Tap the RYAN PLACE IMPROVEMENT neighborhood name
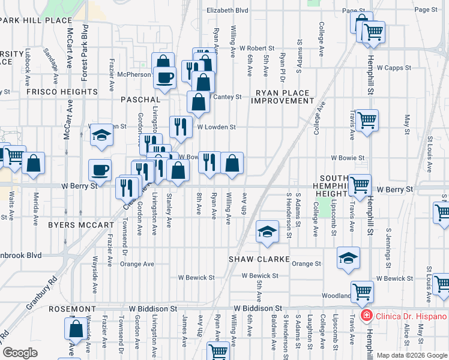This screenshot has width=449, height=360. (x=283, y=97)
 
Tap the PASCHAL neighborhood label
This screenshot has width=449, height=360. (x=140, y=99)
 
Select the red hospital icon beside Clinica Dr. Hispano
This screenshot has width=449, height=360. (x=365, y=316)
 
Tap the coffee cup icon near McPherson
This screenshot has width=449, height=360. (x=164, y=77)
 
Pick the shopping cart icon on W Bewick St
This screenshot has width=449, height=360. (x=362, y=292)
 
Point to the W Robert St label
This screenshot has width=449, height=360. (x=256, y=47)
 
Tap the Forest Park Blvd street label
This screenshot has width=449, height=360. (x=85, y=51)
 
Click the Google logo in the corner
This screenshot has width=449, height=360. (x=20, y=353)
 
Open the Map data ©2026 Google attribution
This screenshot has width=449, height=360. (x=412, y=355)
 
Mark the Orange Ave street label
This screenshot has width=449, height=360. (x=137, y=263)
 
